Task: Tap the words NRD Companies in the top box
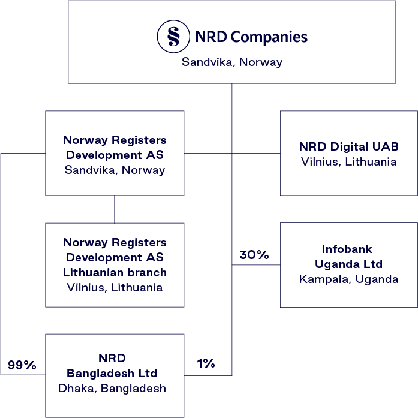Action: point(251,37)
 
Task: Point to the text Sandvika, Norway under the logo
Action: point(231,62)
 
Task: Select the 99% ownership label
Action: point(22,365)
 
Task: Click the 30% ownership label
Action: point(254,255)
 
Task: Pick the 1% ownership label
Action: point(206,363)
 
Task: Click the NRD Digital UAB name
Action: point(348,146)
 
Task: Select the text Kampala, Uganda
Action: point(348,279)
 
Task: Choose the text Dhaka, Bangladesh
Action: point(112,388)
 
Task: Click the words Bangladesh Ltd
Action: point(112,373)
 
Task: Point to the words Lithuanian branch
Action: point(115,272)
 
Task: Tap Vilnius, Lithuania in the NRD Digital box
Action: point(348,161)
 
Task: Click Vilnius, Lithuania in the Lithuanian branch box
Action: point(115,287)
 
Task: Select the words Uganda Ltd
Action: point(348,264)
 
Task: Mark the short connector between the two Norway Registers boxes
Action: point(115,209)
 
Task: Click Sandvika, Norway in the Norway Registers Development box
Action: point(115,170)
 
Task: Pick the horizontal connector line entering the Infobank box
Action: point(256,265)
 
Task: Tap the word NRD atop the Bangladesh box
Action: point(112,358)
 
